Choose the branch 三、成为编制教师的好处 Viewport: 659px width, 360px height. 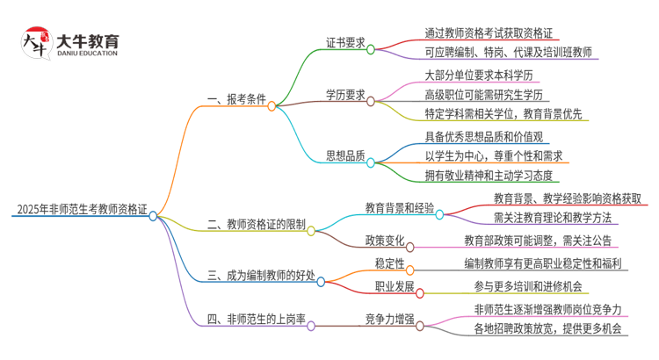click(261, 276)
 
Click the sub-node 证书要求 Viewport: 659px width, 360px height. click(345, 41)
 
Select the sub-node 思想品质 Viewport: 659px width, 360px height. click(345, 156)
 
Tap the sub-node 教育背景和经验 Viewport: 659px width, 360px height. click(400, 207)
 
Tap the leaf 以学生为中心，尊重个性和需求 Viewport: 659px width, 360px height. click(488, 156)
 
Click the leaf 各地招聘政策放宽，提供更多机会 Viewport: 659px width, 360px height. click(547, 329)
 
